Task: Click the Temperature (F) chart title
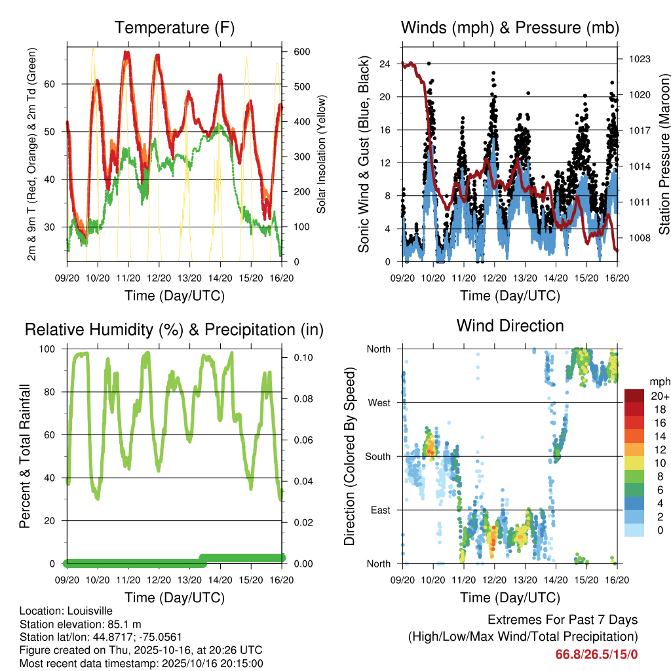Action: tap(174, 28)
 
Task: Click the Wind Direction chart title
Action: tap(510, 326)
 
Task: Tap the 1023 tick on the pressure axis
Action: tap(638, 59)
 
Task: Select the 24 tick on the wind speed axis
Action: tap(385, 64)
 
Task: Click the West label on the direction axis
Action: tap(379, 402)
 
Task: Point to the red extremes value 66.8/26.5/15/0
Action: tap(596, 654)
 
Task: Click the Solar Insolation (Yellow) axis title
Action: tap(322, 154)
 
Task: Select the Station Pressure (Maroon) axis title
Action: tap(664, 154)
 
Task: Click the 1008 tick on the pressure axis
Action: tap(638, 238)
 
